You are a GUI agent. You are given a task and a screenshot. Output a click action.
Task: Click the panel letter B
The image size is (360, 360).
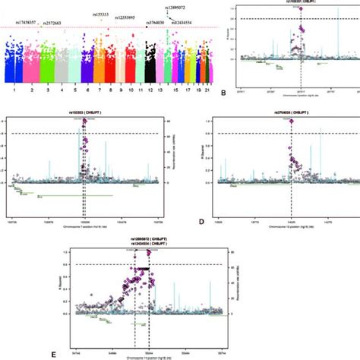tap(223, 93)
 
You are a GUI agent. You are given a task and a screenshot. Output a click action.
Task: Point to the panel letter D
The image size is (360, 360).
tap(200, 223)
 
